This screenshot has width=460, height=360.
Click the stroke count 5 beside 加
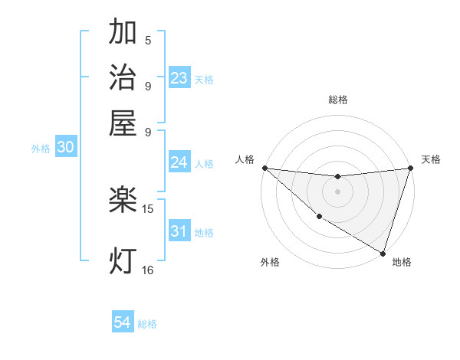pyautogui.click(x=148, y=41)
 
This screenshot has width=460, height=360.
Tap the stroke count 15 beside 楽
pyautogui.click(x=148, y=209)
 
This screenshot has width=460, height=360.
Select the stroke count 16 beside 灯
pyautogui.click(x=148, y=270)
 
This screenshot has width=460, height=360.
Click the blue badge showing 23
pyautogui.click(x=179, y=78)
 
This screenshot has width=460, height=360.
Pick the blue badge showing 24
pyautogui.click(x=179, y=162)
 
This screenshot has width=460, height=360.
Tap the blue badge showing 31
pyautogui.click(x=179, y=231)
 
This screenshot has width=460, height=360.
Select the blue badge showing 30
pyautogui.click(x=65, y=148)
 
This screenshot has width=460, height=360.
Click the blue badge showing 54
pyautogui.click(x=123, y=323)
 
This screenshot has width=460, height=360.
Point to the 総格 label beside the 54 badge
pyautogui.click(x=147, y=324)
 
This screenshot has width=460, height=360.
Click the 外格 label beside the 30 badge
pyautogui.click(x=41, y=149)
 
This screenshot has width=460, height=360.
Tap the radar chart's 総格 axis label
pyautogui.click(x=337, y=100)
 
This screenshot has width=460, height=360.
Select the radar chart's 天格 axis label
pyautogui.click(x=432, y=159)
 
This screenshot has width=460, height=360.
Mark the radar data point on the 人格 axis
pyautogui.click(x=264, y=168)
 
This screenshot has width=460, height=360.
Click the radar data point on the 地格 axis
pyautogui.click(x=383, y=254)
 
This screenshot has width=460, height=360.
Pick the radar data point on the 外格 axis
pyautogui.click(x=319, y=217)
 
